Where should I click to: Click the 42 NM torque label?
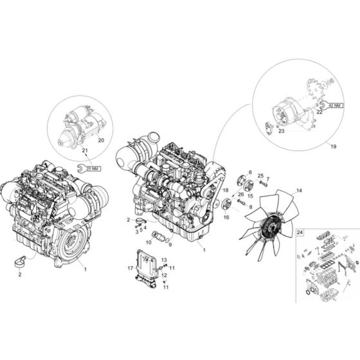click(335, 105)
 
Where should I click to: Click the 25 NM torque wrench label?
click(92, 168)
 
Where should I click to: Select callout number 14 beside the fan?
click(299, 190)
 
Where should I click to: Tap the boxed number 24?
click(300, 232)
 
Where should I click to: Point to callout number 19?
click(334, 147)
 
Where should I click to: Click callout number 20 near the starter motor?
click(101, 140)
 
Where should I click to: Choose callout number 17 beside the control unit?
click(130, 268)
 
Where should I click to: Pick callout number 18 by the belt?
click(226, 190)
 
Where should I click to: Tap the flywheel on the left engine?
click(71, 245)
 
